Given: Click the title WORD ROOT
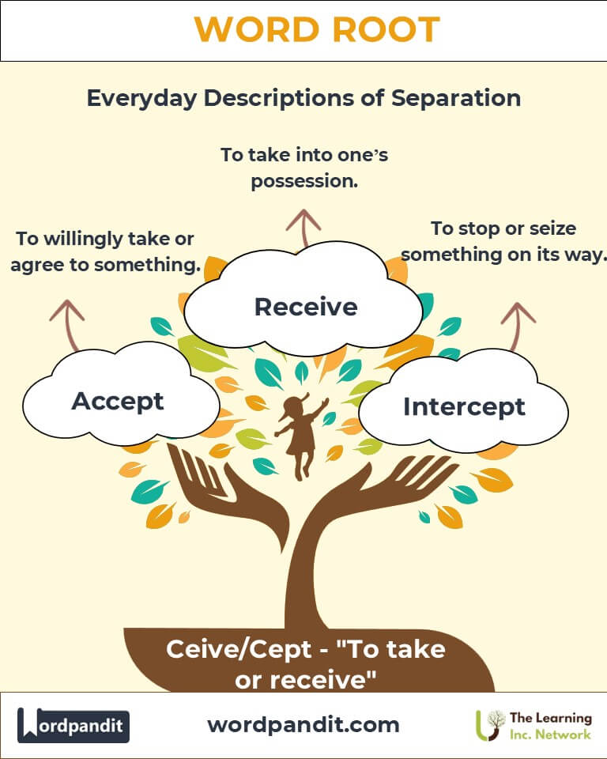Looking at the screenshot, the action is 317,29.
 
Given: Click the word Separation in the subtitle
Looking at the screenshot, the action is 456,98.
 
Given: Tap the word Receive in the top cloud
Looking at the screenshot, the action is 306,307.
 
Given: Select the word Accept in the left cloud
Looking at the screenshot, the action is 118,402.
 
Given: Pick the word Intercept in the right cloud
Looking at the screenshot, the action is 464,407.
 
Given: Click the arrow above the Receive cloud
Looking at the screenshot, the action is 303,228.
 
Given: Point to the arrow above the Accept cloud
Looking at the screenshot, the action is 69,325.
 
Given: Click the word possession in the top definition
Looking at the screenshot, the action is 304,182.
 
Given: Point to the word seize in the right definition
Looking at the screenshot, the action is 552,228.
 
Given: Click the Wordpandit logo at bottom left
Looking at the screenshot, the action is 74,725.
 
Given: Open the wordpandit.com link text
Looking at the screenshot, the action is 303,725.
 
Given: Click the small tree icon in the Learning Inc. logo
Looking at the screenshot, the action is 489,725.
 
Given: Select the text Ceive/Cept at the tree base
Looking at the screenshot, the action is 239,650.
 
